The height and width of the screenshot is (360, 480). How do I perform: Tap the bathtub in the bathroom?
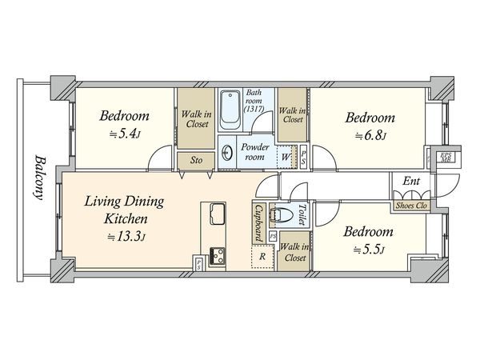(x=230, y=110)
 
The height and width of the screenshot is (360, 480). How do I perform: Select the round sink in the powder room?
(x=227, y=152)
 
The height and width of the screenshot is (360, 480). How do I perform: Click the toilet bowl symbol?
(x=282, y=214)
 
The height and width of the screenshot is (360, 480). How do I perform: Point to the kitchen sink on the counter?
(x=217, y=214)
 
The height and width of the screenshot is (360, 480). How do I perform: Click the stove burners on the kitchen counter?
(x=217, y=256)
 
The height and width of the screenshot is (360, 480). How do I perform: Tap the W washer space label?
(x=285, y=158)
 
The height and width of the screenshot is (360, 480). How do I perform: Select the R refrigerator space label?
(x=262, y=257)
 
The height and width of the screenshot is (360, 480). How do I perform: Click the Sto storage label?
(x=196, y=160)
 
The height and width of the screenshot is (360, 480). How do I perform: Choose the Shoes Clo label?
(x=411, y=206)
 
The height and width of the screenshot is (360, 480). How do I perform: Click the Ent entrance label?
(x=411, y=181)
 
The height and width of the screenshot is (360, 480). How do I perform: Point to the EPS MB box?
(x=446, y=158)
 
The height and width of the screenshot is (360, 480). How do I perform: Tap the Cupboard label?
(x=259, y=223)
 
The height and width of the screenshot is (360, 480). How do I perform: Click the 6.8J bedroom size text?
(x=370, y=136)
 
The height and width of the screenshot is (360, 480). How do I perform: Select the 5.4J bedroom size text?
(x=125, y=134)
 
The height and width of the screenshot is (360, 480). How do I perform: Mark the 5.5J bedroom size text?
(x=369, y=250)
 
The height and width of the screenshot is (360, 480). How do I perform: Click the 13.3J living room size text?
(x=126, y=236)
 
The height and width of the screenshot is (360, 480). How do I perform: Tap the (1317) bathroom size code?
(x=254, y=108)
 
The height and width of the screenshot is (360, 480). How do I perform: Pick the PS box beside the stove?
(x=199, y=263)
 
